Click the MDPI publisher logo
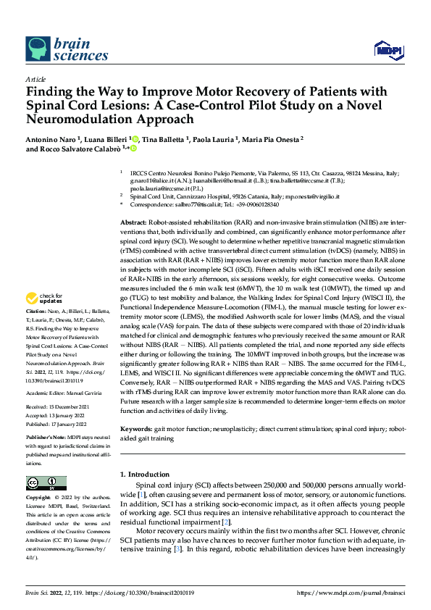coord(388,49)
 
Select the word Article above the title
coord(35,79)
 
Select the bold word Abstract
coord(133,223)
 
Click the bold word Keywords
coord(135,428)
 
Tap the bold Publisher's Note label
coord(45,438)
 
